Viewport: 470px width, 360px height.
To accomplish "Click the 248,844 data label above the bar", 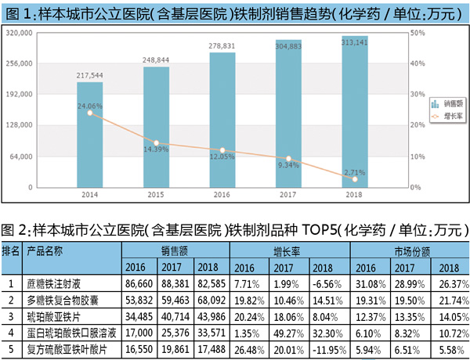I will tap(156, 59).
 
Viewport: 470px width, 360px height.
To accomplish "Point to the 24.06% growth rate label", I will tap(90, 105).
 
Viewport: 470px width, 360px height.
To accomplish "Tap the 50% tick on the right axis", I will tap(418, 34).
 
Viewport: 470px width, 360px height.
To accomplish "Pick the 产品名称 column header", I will tap(45, 251).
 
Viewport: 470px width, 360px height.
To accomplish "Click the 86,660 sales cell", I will tap(139, 282).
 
